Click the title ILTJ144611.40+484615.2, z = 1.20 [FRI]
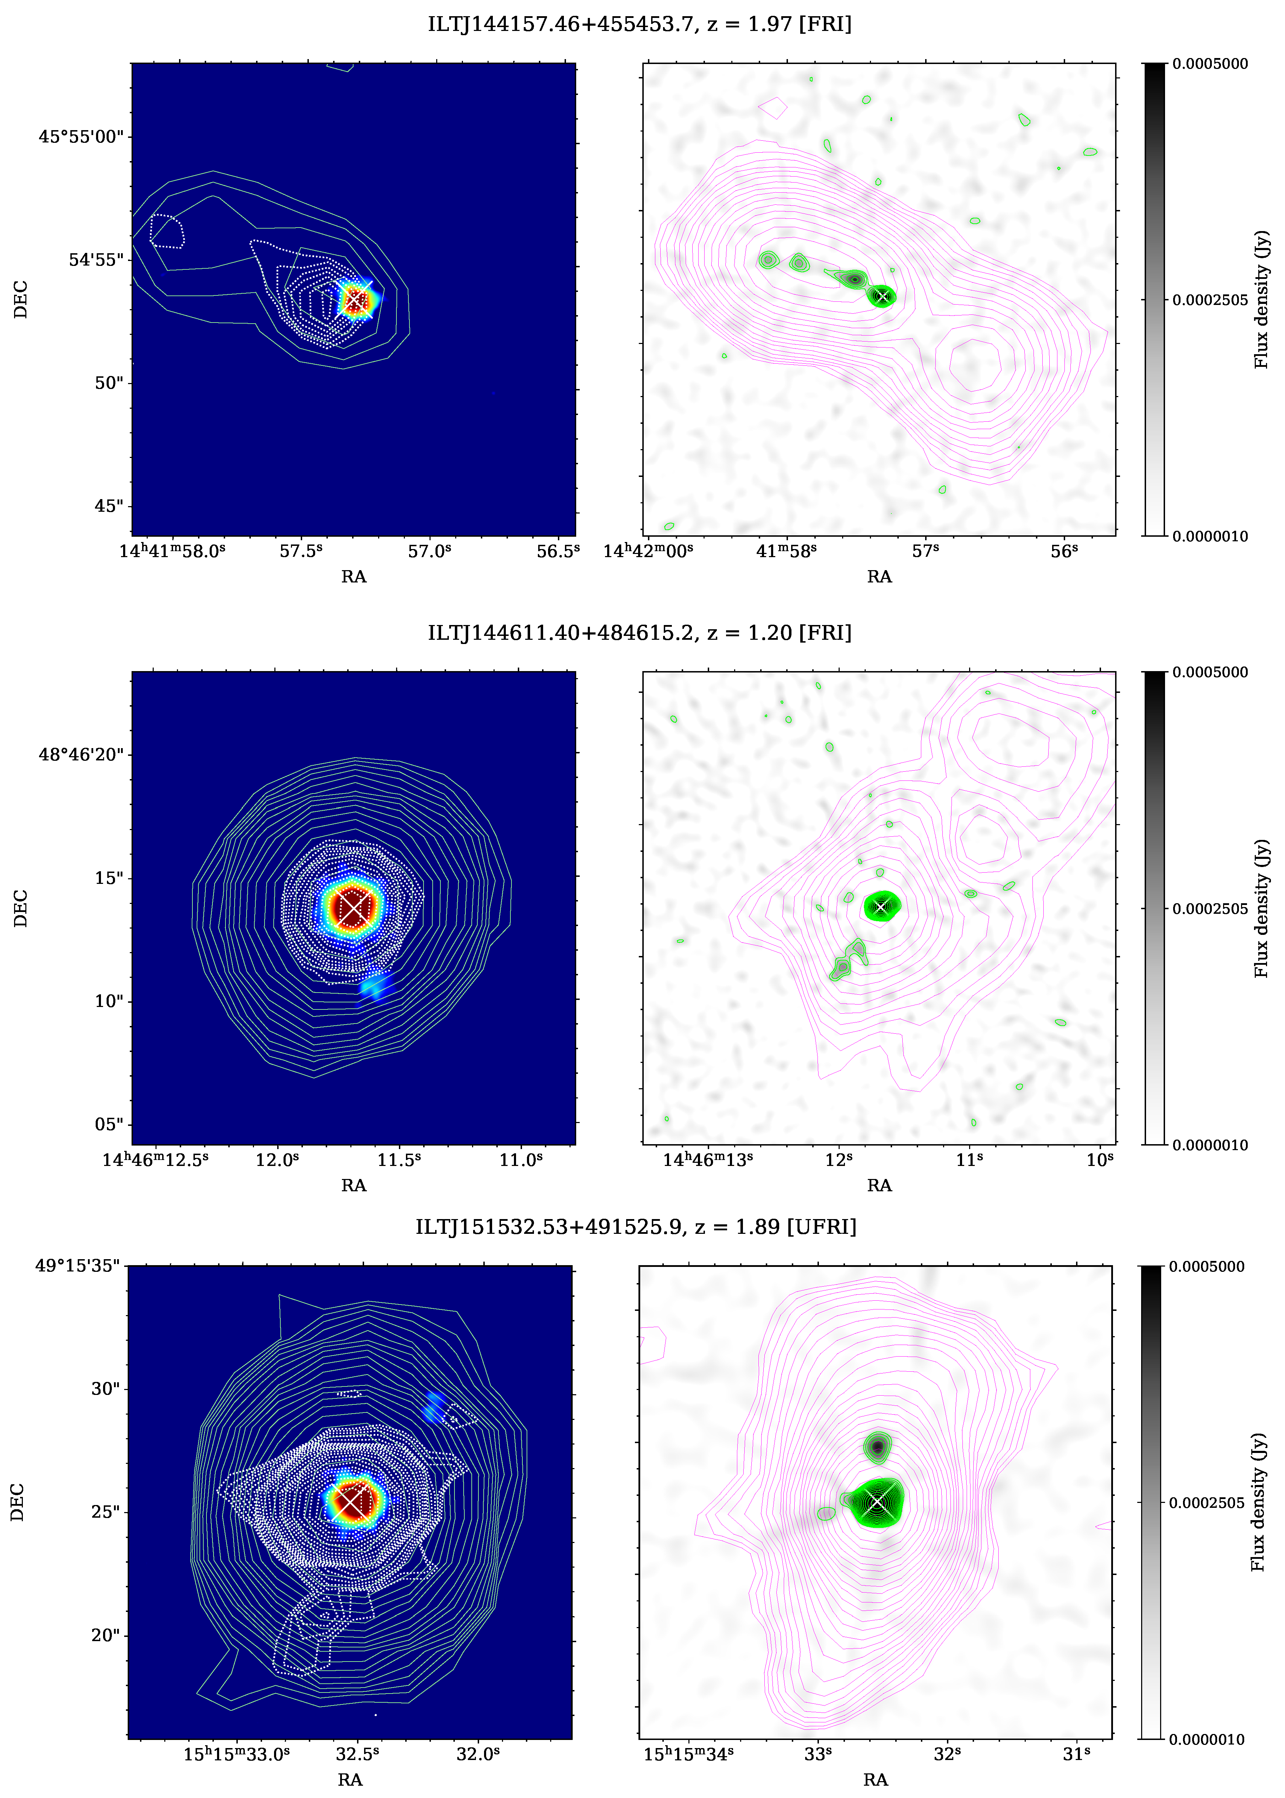click(x=640, y=633)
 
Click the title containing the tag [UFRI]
click(x=636, y=1227)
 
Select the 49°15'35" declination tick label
click(x=77, y=1265)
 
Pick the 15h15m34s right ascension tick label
click(x=688, y=1754)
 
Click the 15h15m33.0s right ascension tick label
click(x=237, y=1754)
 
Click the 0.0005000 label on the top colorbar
click(x=1210, y=64)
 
